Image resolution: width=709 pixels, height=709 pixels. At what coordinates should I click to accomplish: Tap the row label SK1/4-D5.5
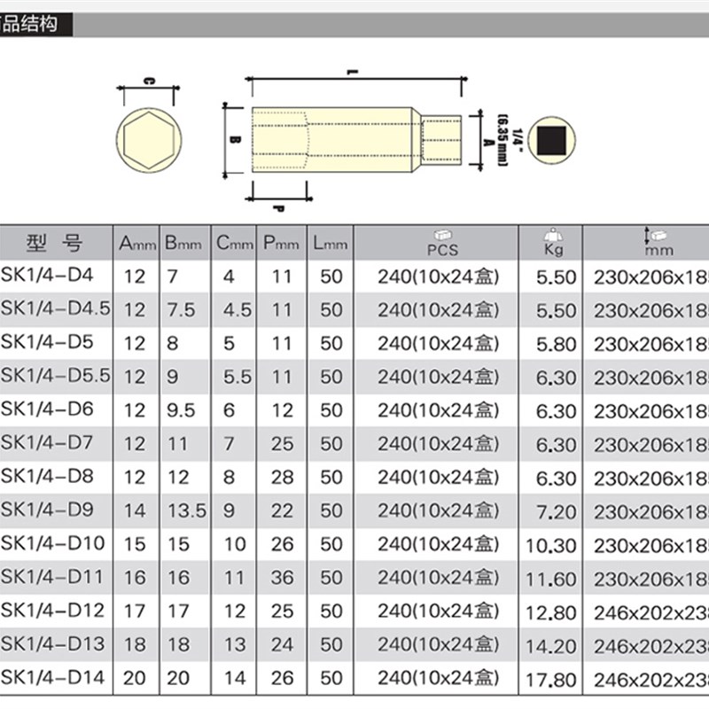[x=56, y=375]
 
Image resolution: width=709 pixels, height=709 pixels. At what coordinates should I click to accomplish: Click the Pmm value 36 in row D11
[x=282, y=578]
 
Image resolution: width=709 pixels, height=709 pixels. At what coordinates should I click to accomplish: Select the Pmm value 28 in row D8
[x=282, y=477]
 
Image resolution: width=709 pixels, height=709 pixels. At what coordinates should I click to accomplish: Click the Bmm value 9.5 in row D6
[x=181, y=409]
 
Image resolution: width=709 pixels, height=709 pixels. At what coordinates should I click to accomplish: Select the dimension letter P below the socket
[x=277, y=209]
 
